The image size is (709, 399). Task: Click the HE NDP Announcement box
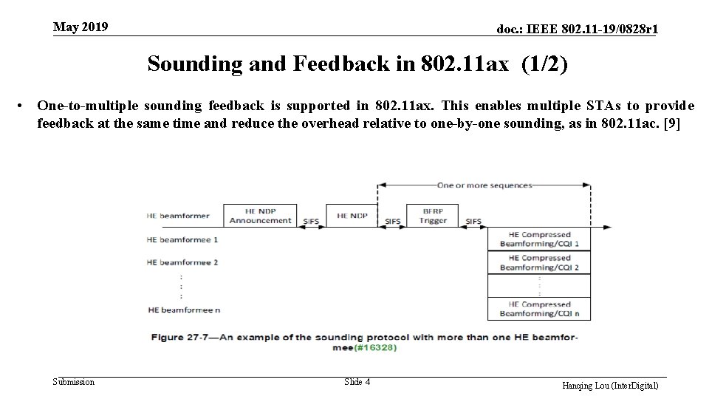point(260,215)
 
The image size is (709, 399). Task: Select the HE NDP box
point(352,215)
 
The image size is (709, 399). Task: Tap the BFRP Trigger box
point(433,215)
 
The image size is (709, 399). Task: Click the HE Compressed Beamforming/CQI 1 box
point(539,239)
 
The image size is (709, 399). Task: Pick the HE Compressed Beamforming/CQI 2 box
point(539,262)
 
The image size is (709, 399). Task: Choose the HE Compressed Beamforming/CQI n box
point(539,308)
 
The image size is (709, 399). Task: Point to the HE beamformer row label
point(178,216)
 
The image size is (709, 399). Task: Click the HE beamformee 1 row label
point(182,239)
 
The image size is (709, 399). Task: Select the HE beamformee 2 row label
point(182,262)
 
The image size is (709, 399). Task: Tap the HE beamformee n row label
point(184,309)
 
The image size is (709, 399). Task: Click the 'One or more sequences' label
point(484,185)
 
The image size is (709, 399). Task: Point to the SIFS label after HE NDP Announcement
point(311,221)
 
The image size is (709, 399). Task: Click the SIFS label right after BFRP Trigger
point(473,221)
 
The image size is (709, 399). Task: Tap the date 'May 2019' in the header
point(81,27)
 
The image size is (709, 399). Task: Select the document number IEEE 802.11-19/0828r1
point(578,30)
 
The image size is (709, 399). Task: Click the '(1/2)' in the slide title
point(544,64)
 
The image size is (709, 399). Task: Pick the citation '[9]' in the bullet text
point(672,123)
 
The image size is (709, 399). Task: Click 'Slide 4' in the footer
point(357,382)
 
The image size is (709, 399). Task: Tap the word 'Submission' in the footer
point(74,382)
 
